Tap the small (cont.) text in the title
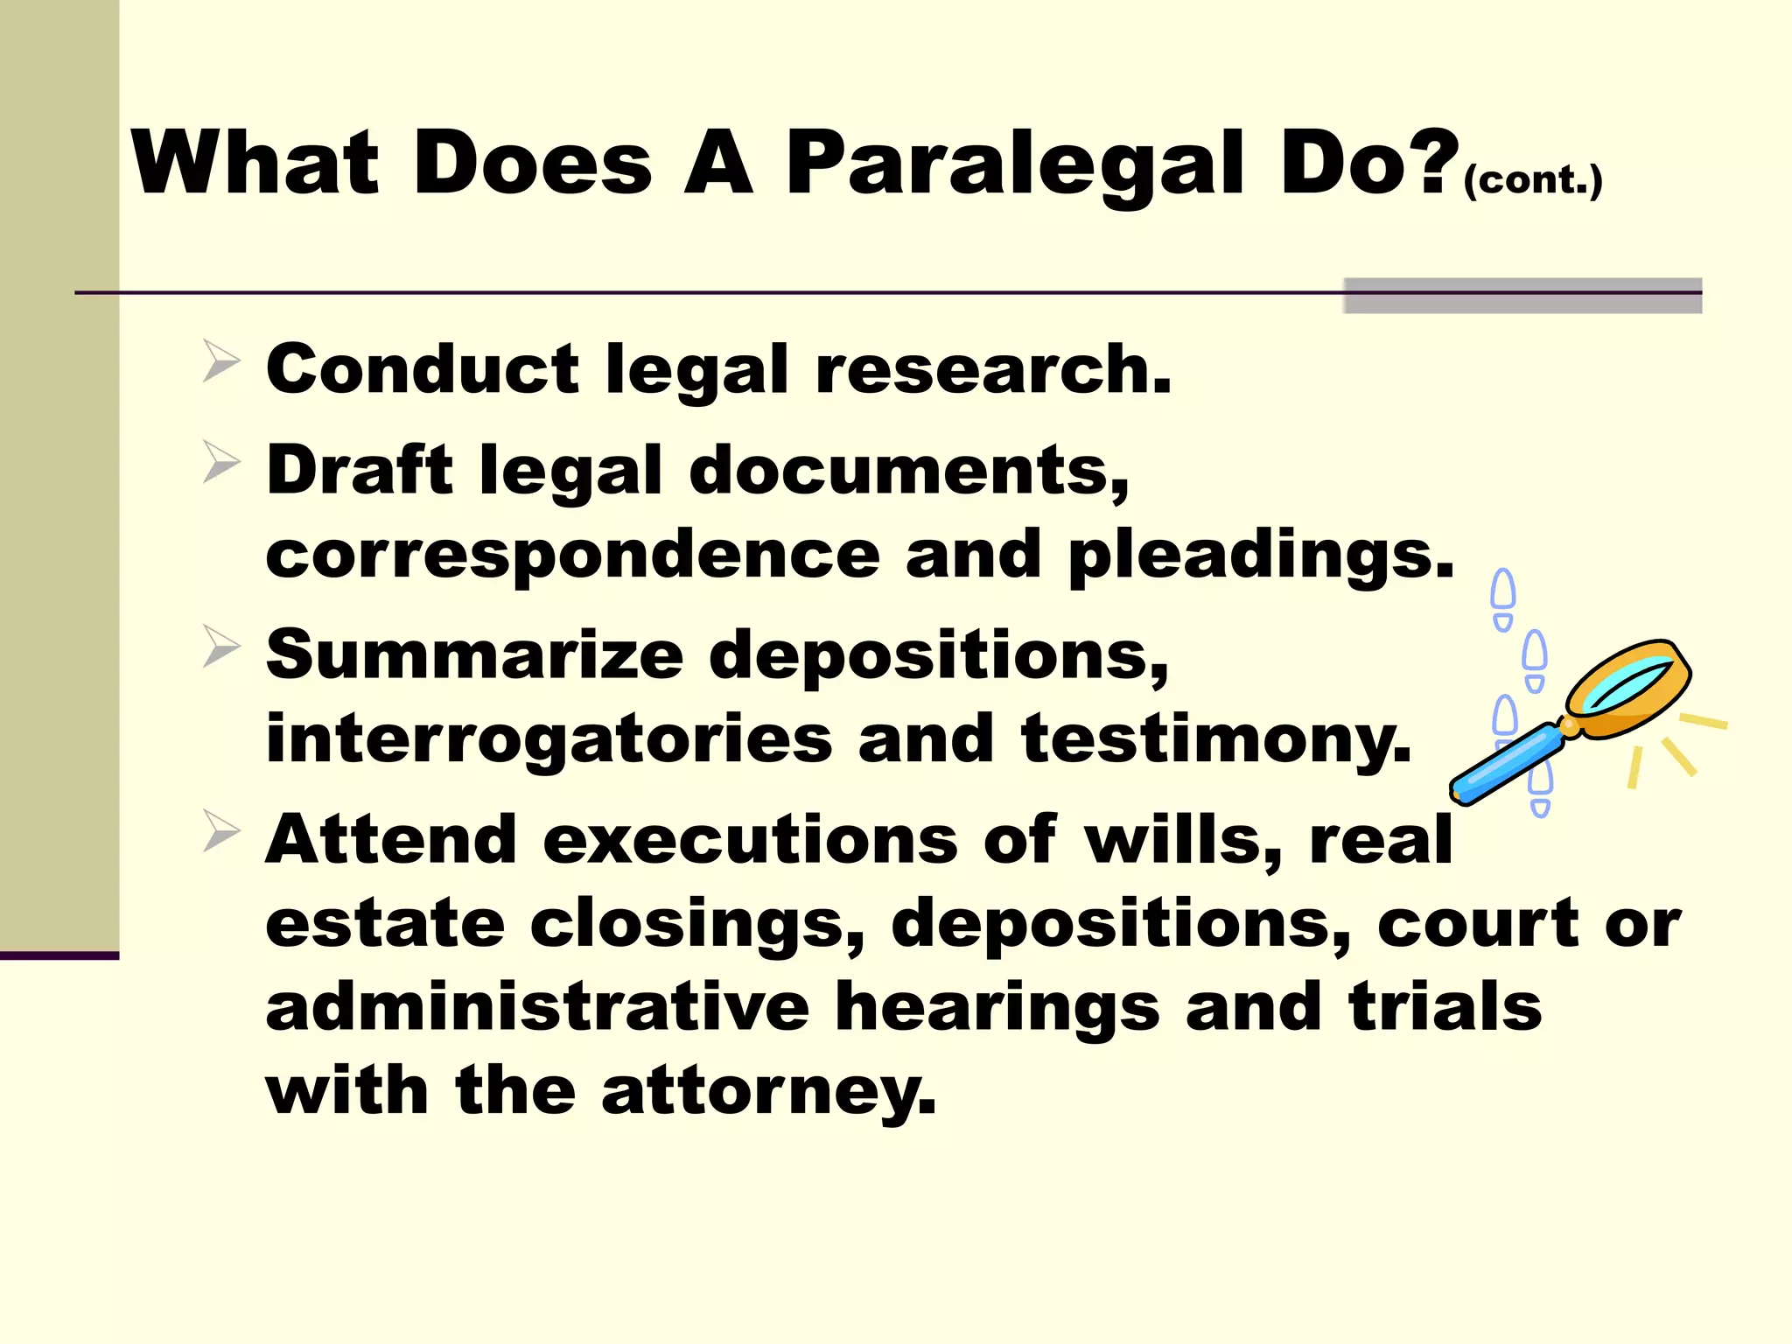(x=1532, y=180)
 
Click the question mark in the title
(x=1436, y=161)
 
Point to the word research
(x=992, y=370)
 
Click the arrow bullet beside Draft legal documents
(x=220, y=462)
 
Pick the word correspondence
(x=572, y=556)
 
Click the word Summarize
(x=474, y=655)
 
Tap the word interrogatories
(x=549, y=739)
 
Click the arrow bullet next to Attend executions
(x=220, y=830)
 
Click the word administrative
(x=537, y=1007)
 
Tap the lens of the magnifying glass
(x=1627, y=685)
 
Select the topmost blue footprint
(x=1503, y=598)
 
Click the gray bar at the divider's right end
(x=1522, y=296)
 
